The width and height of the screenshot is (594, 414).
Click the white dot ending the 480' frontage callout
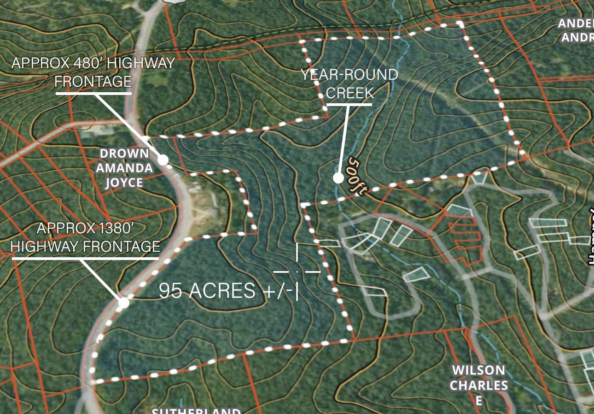(x=163, y=160)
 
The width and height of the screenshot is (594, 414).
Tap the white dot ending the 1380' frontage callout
(x=123, y=303)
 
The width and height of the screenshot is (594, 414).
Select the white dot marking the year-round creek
(x=338, y=178)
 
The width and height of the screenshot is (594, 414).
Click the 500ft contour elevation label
(x=357, y=177)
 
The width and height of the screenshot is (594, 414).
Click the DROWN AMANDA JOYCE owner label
(x=124, y=168)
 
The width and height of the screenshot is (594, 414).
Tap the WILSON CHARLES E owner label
(x=479, y=385)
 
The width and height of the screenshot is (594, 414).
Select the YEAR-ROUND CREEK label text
(x=349, y=83)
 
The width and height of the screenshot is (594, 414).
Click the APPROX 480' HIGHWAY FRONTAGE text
(x=93, y=72)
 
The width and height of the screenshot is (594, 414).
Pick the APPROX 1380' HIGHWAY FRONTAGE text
(x=85, y=237)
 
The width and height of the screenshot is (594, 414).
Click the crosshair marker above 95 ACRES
(x=297, y=272)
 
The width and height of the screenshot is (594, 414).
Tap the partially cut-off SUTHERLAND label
(x=196, y=410)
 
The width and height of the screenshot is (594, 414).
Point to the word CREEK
(x=349, y=93)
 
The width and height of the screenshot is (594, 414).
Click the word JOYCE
(x=124, y=183)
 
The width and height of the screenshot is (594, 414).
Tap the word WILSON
(x=479, y=370)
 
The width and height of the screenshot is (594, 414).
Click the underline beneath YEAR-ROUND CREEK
(x=349, y=105)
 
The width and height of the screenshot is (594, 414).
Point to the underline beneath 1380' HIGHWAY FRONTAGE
(x=85, y=258)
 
